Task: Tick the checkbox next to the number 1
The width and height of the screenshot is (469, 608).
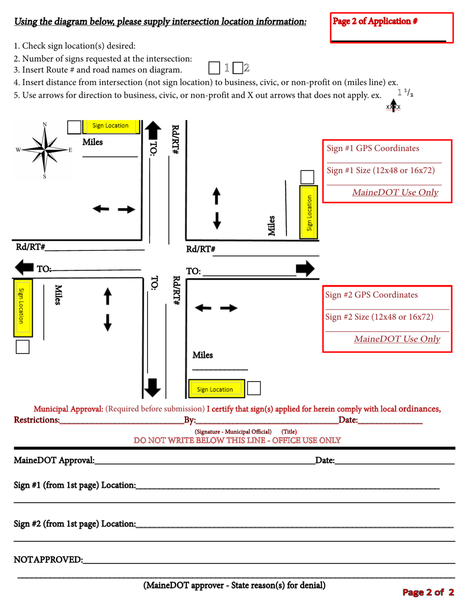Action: pos(214,68)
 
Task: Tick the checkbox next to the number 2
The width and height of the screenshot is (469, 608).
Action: pos(237,68)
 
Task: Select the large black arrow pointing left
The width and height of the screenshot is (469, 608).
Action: pos(24,268)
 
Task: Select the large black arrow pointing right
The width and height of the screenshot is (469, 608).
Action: pos(305,268)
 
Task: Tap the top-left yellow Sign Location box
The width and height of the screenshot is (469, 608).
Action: pos(110,127)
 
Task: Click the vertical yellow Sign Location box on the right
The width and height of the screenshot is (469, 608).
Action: pos(309,213)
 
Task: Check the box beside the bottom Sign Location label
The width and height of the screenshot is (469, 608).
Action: pos(254,388)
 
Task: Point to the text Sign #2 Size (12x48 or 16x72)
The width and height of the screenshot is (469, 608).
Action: pos(379,316)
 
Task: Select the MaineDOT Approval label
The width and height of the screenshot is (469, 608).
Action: pos(54,461)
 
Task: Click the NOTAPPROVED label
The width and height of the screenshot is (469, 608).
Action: pos(48,560)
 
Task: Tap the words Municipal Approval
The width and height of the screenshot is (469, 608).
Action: pos(68,409)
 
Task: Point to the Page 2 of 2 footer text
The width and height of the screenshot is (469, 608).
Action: pos(428,592)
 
